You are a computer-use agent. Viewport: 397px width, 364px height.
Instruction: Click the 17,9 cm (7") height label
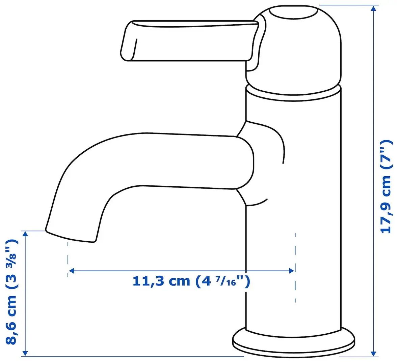pyautogui.click(x=386, y=187)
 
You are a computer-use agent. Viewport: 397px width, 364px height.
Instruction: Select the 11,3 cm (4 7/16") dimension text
pyautogui.click(x=191, y=281)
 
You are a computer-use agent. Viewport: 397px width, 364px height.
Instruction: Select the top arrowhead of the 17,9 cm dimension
pyautogui.click(x=373, y=9)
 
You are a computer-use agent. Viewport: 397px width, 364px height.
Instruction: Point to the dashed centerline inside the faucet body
pyautogui.click(x=295, y=266)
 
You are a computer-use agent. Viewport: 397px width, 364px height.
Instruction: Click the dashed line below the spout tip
pyautogui.click(x=68, y=260)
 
